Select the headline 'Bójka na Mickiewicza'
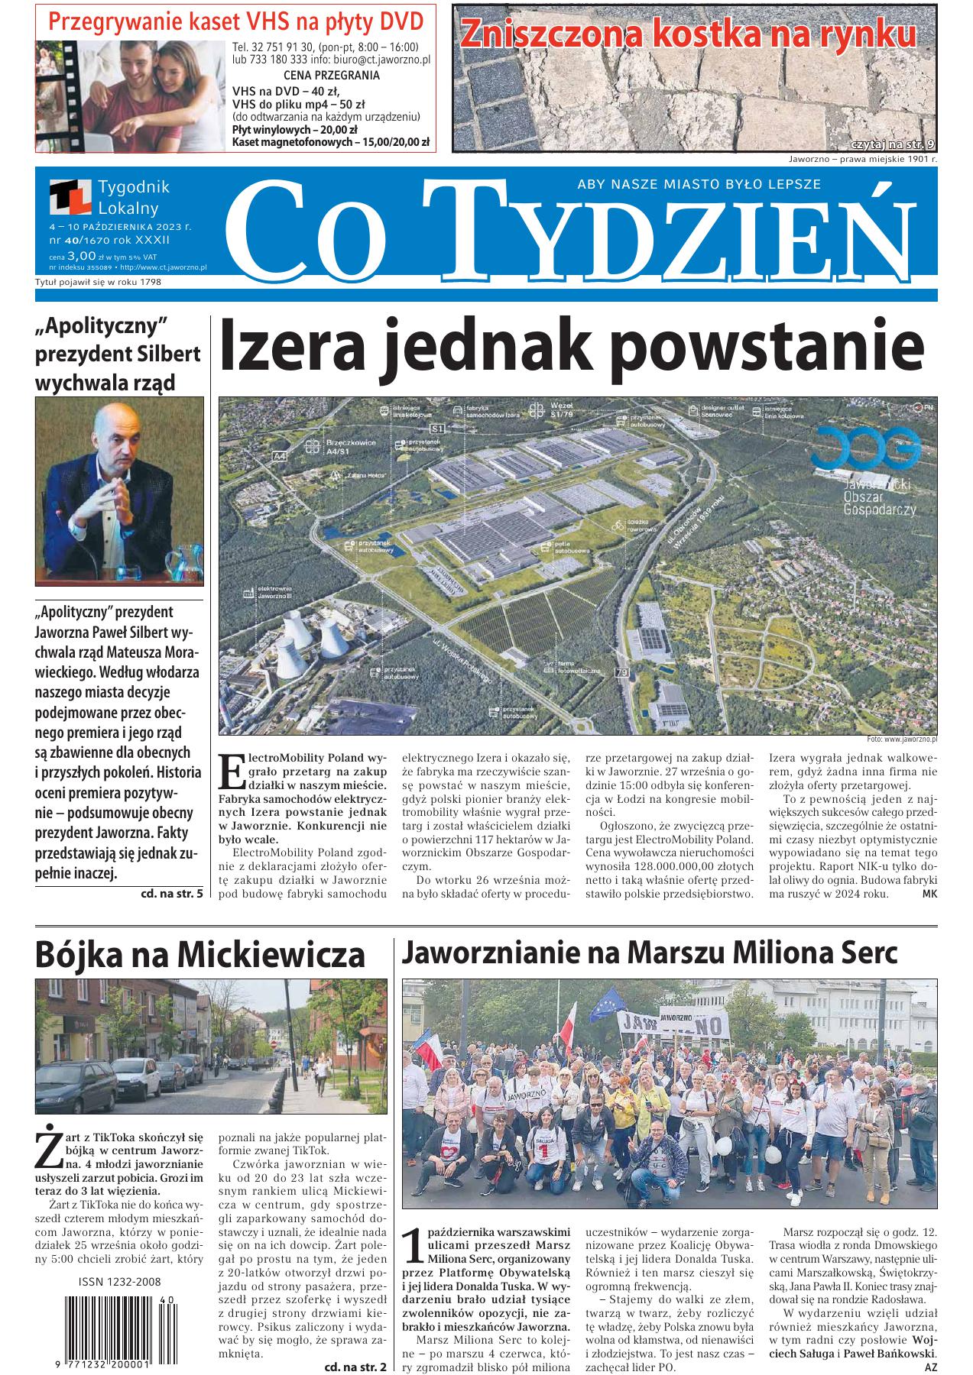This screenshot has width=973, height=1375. (x=200, y=954)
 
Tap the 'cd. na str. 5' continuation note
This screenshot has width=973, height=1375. (x=172, y=892)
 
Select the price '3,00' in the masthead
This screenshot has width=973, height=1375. (x=81, y=256)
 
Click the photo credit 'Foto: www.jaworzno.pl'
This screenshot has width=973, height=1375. (x=902, y=739)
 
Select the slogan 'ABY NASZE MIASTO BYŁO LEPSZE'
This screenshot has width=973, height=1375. (x=699, y=184)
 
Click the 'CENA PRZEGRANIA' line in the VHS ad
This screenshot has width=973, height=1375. (x=331, y=75)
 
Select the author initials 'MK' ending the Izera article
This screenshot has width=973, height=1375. (x=929, y=893)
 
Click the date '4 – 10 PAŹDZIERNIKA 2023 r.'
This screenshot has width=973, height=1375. (x=120, y=227)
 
